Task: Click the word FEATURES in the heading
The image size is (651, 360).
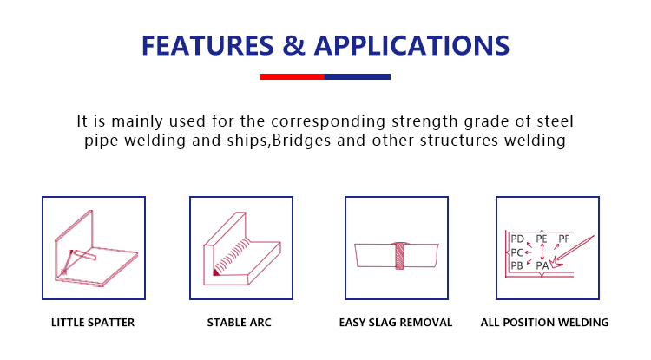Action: coord(207,45)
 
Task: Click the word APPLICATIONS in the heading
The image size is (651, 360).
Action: coord(411,45)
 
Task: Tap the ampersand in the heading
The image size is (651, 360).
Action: coord(293,45)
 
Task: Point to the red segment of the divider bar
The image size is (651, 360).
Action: coord(292,76)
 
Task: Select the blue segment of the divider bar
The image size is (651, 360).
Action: coord(358,76)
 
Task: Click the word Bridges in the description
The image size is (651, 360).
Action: coord(301,141)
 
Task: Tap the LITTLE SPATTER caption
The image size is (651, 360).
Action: coord(93,322)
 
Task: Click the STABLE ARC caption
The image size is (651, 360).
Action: coord(240,322)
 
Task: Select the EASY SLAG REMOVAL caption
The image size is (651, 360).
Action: coord(396,322)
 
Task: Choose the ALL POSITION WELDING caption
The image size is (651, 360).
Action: coord(545,322)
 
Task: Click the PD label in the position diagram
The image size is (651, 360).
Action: coord(517,239)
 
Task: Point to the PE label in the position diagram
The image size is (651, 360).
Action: coord(542,239)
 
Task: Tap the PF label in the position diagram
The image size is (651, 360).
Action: coord(564,239)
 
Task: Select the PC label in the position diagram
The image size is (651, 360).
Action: coord(517,252)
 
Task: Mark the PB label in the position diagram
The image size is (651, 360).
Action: coord(516,265)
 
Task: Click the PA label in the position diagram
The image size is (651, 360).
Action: coord(542,265)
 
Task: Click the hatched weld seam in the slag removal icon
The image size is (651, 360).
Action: coord(399,256)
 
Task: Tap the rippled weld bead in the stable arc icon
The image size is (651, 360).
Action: coord(233,256)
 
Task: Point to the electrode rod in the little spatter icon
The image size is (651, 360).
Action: coord(86,255)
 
